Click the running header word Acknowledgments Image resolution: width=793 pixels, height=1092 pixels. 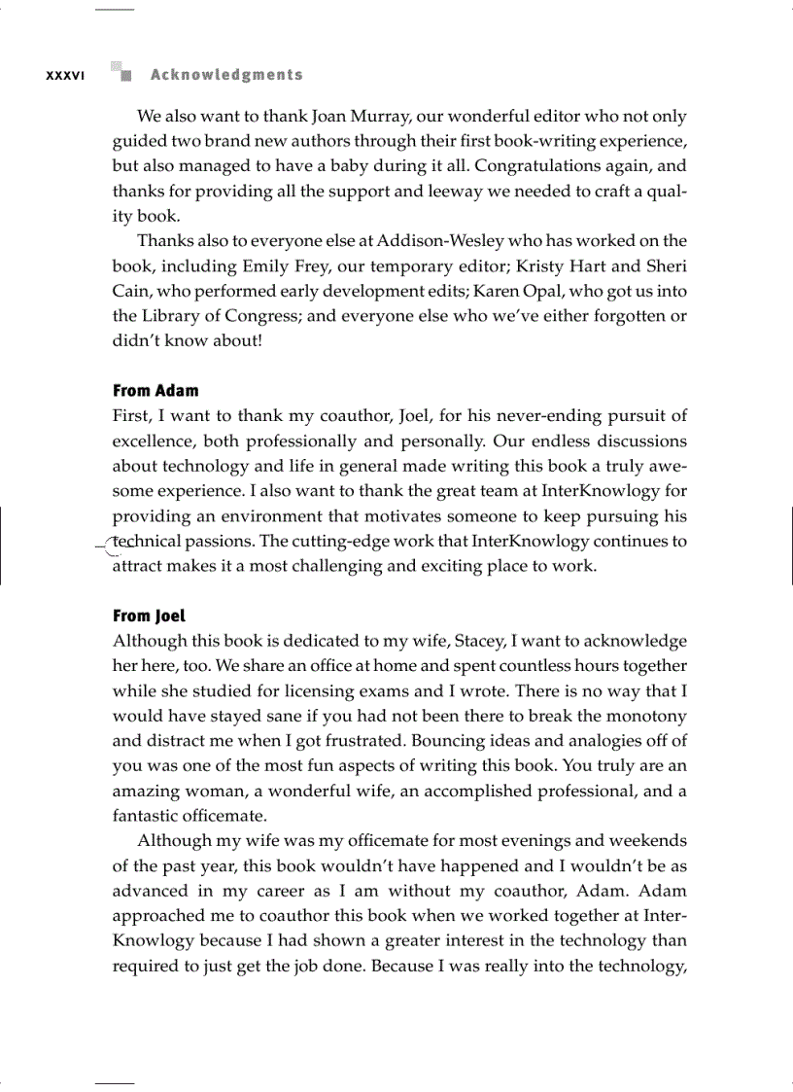click(226, 75)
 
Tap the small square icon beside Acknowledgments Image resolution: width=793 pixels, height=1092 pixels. click(121, 73)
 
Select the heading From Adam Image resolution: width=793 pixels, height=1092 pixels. click(155, 391)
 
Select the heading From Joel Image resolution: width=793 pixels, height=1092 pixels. click(149, 616)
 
